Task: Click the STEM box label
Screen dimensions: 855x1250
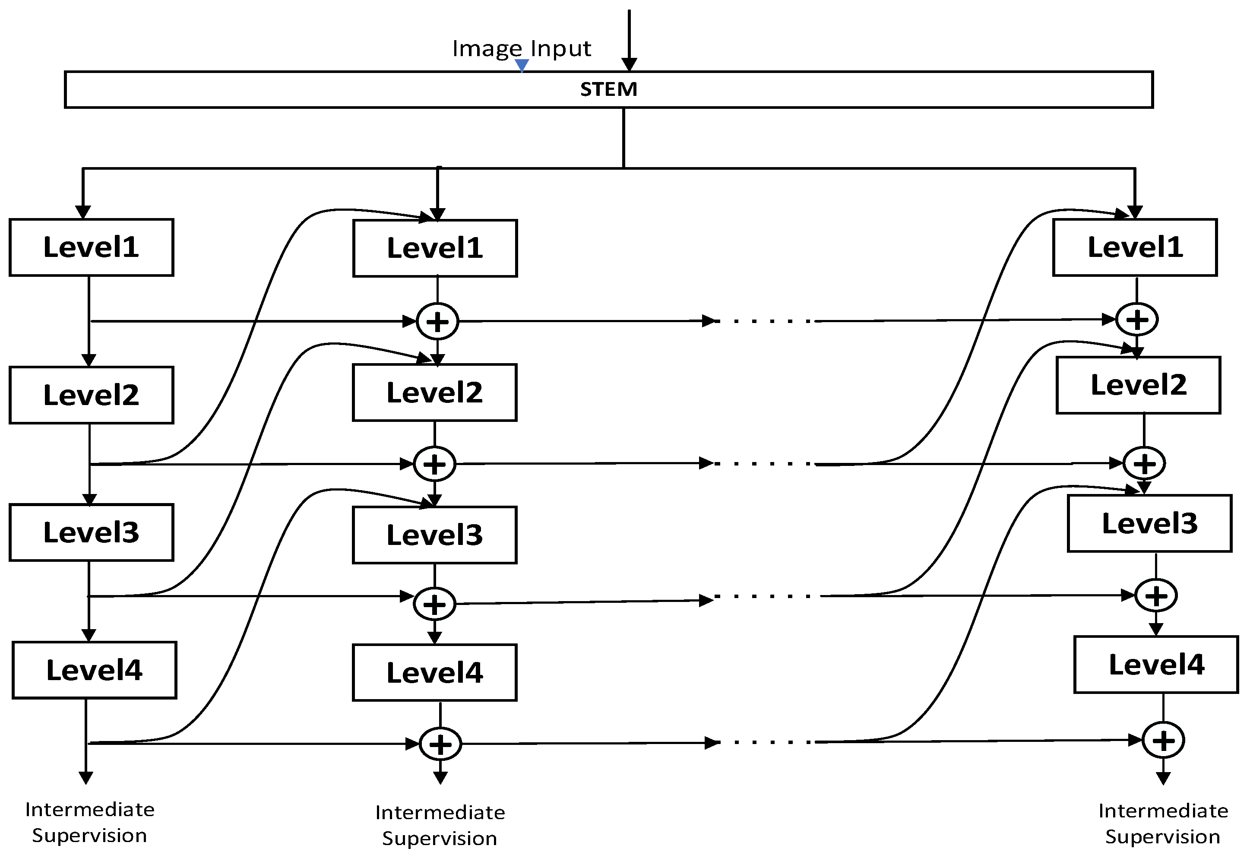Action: coord(608,89)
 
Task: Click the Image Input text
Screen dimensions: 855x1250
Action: coord(521,48)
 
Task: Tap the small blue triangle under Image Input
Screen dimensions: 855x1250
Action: coord(521,65)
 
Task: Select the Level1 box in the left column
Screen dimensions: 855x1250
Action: coord(91,247)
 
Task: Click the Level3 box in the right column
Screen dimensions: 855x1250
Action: coord(1149,523)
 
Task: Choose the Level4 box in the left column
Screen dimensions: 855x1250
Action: coord(94,670)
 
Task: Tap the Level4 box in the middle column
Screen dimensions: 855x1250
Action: coord(435,673)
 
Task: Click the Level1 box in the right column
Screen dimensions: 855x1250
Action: coord(1135,247)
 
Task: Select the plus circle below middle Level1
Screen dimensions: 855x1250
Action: coord(437,322)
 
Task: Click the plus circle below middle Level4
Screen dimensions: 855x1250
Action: coord(440,744)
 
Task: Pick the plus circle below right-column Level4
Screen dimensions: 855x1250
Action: coord(1163,741)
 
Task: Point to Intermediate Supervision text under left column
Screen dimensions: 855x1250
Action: coord(90,822)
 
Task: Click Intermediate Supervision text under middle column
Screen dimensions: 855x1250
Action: coord(440,825)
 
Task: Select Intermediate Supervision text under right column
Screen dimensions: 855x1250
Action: coord(1163,823)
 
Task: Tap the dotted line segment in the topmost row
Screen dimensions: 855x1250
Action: coord(764,321)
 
